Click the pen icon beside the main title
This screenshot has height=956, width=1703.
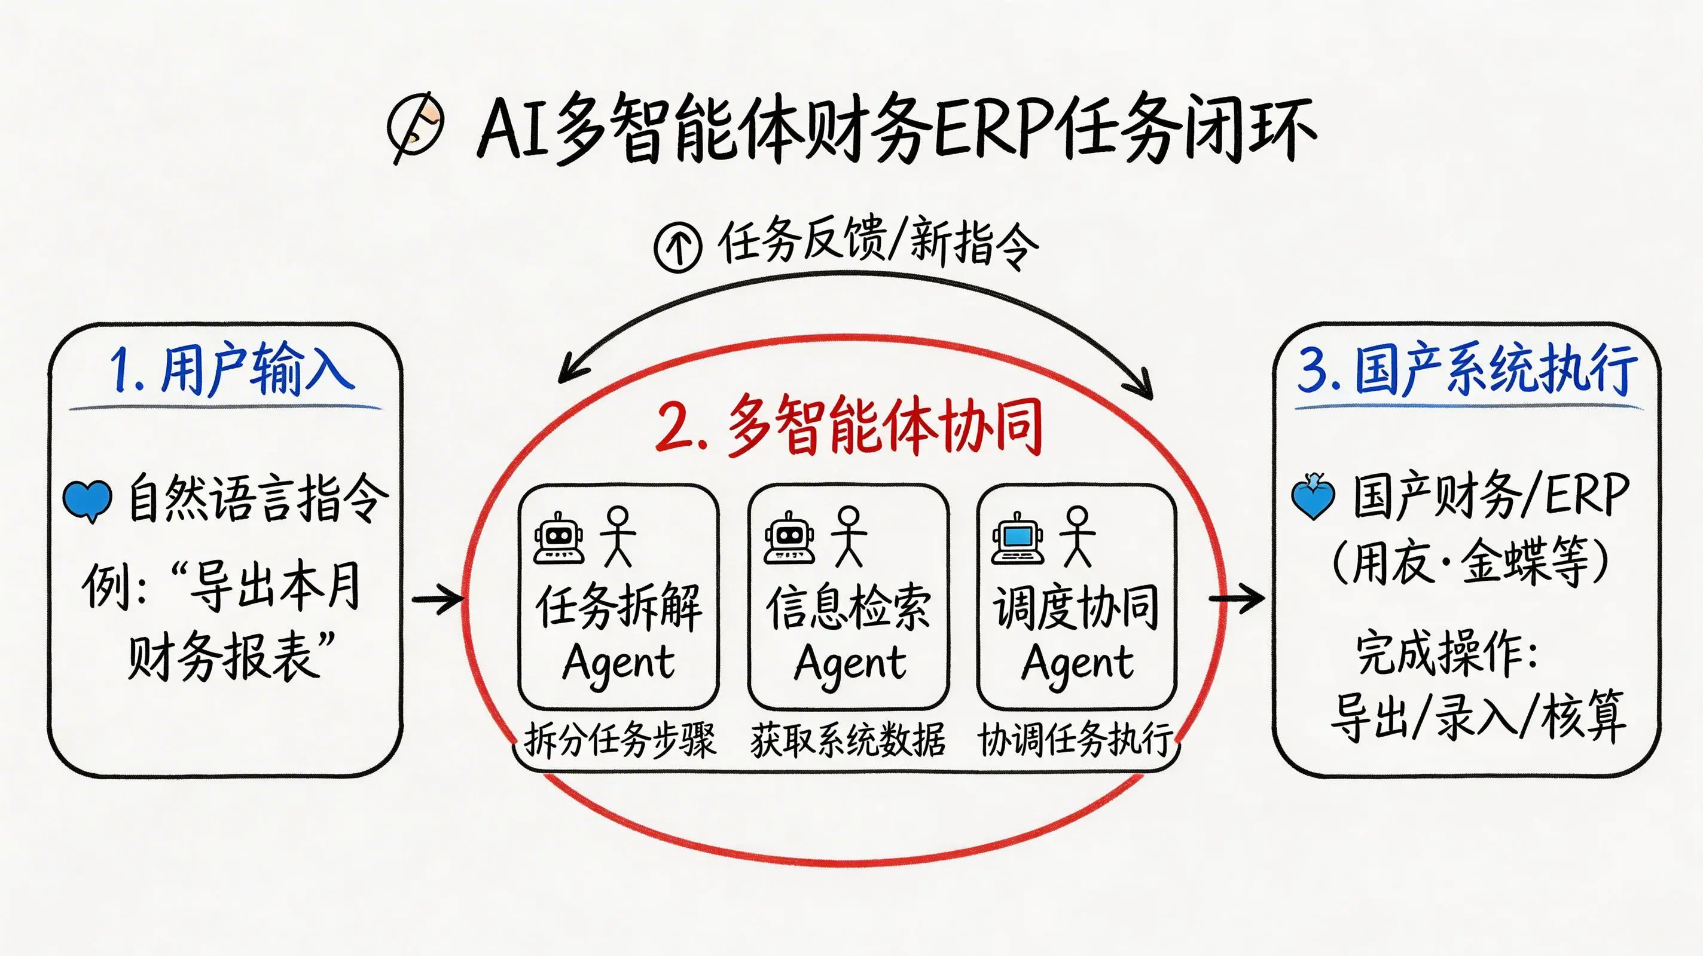pyautogui.click(x=415, y=127)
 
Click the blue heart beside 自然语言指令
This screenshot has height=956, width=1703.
pyautogui.click(x=87, y=501)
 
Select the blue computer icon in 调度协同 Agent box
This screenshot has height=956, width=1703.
pyautogui.click(x=1018, y=538)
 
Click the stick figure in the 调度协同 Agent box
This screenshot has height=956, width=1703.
pyautogui.click(x=1077, y=537)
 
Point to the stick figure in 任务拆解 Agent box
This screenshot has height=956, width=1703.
pyautogui.click(x=618, y=537)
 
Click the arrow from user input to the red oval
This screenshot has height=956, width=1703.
pyautogui.click(x=438, y=599)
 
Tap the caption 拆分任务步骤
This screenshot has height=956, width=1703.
pyautogui.click(x=619, y=739)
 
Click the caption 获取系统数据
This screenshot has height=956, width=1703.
pyautogui.click(x=848, y=739)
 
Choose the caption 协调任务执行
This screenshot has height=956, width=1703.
pyautogui.click(x=1076, y=739)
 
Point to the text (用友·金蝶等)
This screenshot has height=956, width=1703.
pyautogui.click(x=1469, y=562)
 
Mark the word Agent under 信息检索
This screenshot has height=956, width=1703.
pyautogui.click(x=850, y=663)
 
